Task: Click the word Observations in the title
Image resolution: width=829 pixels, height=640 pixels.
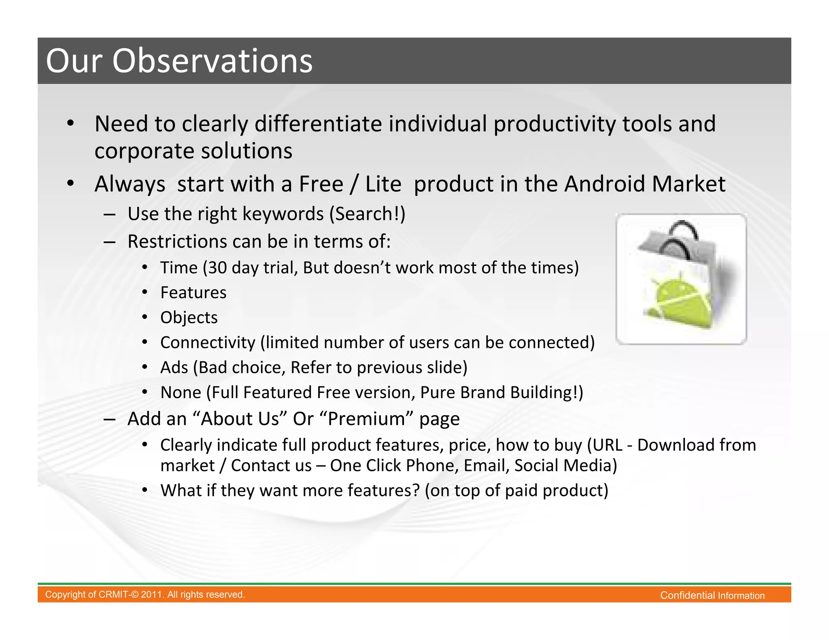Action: point(212,61)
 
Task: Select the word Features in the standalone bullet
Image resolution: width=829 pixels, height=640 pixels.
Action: point(193,292)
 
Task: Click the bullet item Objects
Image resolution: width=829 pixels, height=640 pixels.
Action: point(189,318)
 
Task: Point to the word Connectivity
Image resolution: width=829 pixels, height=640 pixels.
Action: point(208,343)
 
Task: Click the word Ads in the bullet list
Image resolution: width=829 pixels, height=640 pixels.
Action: point(174,367)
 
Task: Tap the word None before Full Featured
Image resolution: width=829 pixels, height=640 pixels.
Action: point(181,392)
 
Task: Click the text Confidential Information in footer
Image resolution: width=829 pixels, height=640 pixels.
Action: point(712,595)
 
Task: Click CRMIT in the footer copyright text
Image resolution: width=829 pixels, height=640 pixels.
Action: point(112,595)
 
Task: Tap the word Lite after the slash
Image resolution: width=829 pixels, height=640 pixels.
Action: point(383,184)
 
